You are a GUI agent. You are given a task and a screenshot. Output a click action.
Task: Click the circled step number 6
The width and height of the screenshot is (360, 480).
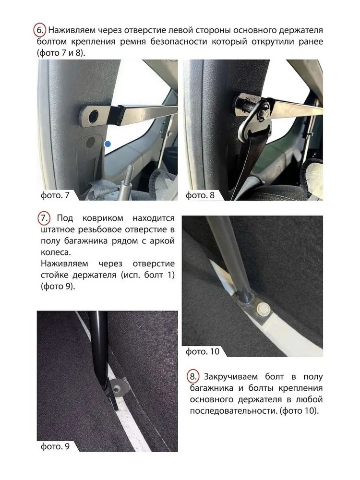(39, 30)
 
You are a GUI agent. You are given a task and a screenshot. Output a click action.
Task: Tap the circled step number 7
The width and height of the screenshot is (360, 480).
(44, 218)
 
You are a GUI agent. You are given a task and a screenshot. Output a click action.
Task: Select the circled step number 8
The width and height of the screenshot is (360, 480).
(193, 376)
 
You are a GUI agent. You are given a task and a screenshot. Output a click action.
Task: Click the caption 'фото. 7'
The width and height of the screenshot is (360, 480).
(55, 195)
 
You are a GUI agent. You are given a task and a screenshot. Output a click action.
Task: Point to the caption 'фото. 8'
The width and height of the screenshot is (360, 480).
(200, 195)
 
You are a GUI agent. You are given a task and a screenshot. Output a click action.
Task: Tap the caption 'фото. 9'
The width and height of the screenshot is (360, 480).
(55, 446)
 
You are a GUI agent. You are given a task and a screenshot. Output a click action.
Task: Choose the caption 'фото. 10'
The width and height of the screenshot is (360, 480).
(203, 351)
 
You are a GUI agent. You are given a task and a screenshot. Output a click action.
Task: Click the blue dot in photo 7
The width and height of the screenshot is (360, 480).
(108, 144)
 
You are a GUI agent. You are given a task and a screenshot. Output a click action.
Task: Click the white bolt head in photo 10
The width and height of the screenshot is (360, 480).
(263, 309)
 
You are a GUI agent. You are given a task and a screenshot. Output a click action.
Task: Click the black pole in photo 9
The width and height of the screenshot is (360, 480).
(98, 352)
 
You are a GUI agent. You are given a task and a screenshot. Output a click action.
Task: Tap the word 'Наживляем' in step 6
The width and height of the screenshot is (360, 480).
(72, 30)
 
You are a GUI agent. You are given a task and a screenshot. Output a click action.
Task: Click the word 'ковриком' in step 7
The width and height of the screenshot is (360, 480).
(103, 218)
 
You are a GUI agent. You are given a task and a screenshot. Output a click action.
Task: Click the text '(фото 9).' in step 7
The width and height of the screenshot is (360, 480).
(58, 287)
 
